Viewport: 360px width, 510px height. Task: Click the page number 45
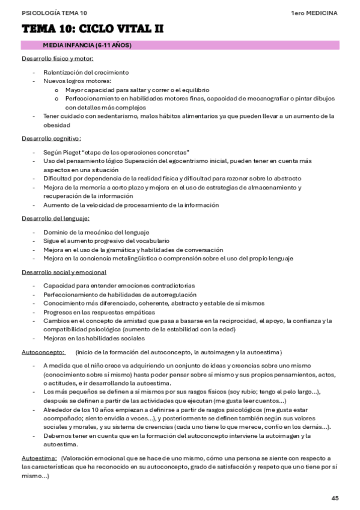tap(335, 497)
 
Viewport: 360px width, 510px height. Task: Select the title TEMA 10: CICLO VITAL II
tap(93, 29)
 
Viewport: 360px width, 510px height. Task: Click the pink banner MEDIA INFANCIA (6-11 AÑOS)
tap(87, 45)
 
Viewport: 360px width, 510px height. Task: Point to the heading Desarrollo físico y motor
tap(57, 58)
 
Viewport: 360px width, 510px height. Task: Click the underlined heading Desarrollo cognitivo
tap(52, 138)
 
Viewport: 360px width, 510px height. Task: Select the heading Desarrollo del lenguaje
tap(55, 218)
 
